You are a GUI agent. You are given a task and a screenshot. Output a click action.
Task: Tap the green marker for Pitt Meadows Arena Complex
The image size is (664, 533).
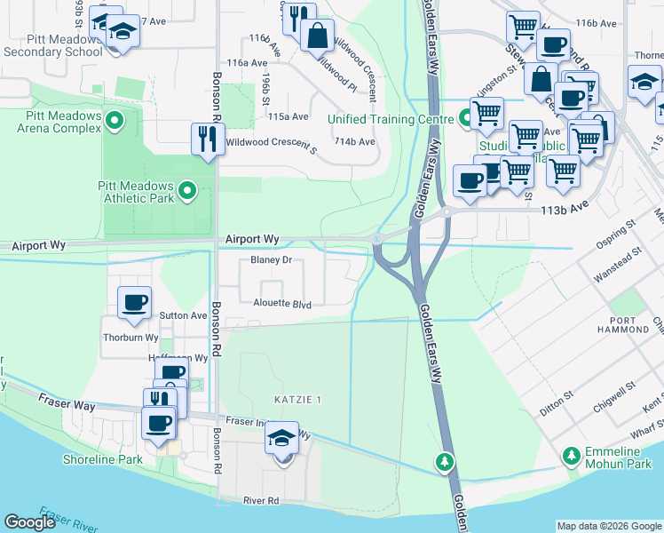[114, 118]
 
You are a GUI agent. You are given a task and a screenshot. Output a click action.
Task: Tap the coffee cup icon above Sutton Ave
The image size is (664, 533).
[135, 304]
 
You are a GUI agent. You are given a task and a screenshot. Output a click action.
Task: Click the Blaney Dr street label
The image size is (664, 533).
[272, 260]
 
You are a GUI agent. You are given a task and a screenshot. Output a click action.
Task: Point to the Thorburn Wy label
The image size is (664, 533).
[130, 338]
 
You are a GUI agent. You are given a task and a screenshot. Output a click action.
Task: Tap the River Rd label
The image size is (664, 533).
[261, 501]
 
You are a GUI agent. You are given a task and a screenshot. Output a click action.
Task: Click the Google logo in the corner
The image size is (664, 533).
[31, 522]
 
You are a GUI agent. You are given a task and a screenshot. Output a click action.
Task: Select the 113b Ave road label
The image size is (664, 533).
[566, 211]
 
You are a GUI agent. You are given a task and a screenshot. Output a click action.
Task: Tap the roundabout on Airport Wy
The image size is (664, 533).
[378, 238]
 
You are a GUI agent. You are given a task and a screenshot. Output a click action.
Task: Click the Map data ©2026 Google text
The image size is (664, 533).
[609, 526]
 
